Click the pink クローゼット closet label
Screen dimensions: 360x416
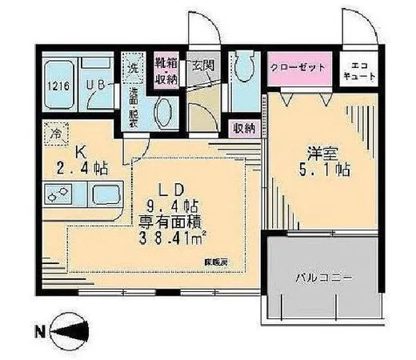297,67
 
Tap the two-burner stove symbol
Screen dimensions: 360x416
58,194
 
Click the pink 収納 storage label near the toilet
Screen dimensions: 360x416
243,126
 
